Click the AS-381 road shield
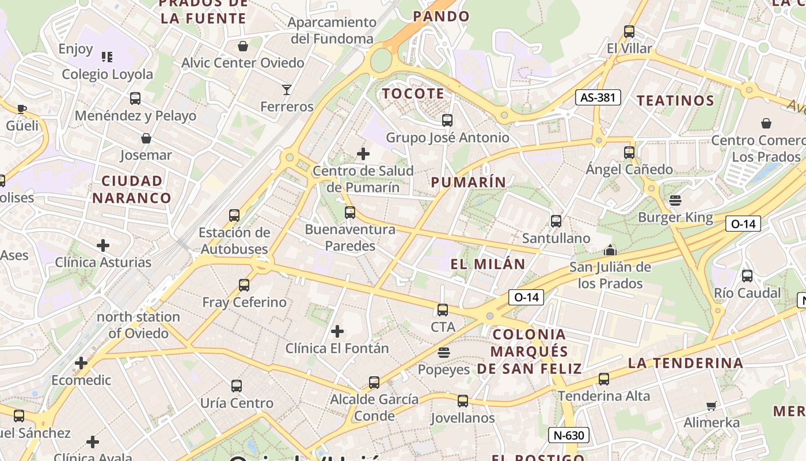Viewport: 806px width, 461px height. tap(598, 97)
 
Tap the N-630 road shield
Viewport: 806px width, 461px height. tap(568, 435)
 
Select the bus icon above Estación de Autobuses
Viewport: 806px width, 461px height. tap(234, 216)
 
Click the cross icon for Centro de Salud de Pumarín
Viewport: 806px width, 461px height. tap(363, 154)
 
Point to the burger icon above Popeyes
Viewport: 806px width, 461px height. tap(443, 352)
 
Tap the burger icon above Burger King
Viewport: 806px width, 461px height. tap(675, 201)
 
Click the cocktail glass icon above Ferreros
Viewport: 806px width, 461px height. tap(287, 89)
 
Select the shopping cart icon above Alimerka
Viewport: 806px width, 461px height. tap(712, 406)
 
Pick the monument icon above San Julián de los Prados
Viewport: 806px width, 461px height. tap(610, 250)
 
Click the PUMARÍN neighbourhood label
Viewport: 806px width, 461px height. tap(469, 182)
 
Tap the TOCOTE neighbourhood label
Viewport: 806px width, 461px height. tap(413, 93)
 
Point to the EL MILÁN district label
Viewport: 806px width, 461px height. tap(488, 264)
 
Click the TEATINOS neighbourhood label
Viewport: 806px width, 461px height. tap(675, 100)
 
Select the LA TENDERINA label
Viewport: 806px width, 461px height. tap(685, 363)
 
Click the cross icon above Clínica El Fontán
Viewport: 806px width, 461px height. tap(337, 331)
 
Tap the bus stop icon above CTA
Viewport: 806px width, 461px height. tap(443, 310)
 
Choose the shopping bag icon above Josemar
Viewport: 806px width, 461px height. tap(146, 138)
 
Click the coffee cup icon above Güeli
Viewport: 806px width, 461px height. tap(22, 109)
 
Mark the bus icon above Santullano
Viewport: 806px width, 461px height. tap(556, 221)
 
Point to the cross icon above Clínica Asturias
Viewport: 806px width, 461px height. tap(103, 246)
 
